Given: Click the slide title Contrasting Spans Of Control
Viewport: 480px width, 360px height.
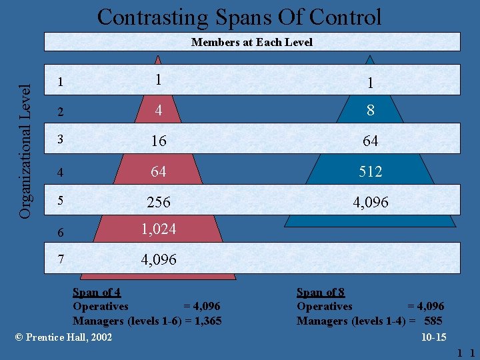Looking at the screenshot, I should coord(239,17).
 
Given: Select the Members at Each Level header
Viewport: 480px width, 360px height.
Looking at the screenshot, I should coord(251,42).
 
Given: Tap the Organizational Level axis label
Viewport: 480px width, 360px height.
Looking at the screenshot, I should coord(25,141).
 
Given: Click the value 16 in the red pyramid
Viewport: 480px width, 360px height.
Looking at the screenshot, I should coord(159,141).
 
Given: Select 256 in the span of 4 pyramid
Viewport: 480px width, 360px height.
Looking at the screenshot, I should coord(159,202).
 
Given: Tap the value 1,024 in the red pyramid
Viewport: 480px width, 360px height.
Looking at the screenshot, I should coord(159,229).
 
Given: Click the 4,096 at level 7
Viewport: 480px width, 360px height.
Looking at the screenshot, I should coord(159,260).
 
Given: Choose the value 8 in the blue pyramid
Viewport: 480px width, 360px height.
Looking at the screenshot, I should coord(371,111).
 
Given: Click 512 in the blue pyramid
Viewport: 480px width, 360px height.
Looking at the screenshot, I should coord(371,172).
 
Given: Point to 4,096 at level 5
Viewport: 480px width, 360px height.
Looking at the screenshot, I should coord(371,202).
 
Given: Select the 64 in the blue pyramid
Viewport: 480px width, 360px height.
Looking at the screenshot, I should coord(371,141).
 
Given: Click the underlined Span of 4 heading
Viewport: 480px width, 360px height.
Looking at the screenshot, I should coord(96,292).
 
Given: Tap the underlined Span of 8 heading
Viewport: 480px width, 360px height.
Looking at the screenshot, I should coord(320,292).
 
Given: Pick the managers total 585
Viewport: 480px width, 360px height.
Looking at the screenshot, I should coord(433,321).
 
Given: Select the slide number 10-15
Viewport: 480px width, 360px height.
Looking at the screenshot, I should coord(433,337).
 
